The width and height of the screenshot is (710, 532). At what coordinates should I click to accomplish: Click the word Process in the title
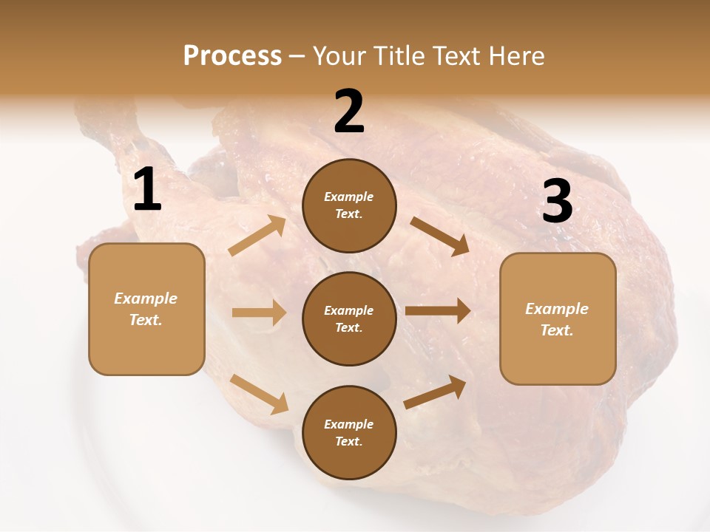(232, 55)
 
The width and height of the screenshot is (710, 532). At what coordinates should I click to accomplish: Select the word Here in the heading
(516, 55)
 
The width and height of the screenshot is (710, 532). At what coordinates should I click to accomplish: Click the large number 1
(147, 190)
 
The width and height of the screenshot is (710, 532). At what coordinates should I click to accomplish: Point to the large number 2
(349, 112)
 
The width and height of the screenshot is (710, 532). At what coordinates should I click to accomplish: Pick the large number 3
(557, 201)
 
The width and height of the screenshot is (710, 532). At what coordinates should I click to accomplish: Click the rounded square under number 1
(146, 309)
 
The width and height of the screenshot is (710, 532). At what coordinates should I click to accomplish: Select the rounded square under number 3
(558, 318)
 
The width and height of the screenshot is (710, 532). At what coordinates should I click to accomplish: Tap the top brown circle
(349, 205)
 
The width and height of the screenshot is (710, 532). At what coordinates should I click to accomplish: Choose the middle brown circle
(349, 318)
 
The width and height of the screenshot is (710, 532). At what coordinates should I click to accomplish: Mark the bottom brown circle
(349, 432)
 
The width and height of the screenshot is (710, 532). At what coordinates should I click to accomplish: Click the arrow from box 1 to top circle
(257, 236)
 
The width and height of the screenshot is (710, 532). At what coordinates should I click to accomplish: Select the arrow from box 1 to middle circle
(259, 313)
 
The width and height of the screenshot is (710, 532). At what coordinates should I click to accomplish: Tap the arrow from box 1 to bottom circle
(259, 394)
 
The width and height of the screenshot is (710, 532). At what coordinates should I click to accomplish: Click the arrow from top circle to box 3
(439, 236)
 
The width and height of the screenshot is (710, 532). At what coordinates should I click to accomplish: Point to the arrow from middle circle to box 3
(437, 311)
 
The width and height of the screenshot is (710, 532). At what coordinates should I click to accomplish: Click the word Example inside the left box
(146, 299)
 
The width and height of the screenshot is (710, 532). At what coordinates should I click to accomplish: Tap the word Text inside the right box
(557, 330)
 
